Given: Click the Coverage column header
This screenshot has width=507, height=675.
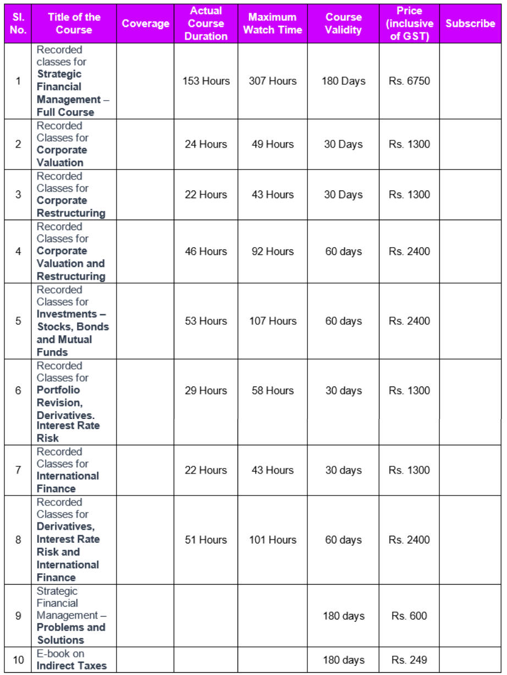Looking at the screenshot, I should coord(146,24).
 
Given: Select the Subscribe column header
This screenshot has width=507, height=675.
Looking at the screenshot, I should coord(470,24).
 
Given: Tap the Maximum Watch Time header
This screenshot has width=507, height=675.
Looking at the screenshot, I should coord(272,24).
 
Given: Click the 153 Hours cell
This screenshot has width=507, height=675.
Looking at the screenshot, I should coord(206,81).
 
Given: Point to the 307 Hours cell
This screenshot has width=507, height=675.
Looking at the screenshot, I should coord(272,81).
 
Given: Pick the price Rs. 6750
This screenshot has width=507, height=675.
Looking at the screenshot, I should coord(409,81).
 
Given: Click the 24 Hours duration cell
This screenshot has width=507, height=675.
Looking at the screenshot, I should coord(206,144).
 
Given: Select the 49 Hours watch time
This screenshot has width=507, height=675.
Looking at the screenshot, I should coord(272,144).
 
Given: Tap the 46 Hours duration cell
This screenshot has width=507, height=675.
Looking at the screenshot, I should coord(206,252).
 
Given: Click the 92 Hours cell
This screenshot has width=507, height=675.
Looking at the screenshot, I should coord(272,252).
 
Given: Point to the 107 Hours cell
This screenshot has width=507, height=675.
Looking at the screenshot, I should coord(272,321).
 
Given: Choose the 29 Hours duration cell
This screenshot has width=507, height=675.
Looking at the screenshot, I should coord(206,390).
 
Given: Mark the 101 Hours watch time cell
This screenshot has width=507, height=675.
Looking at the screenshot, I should coord(272,540).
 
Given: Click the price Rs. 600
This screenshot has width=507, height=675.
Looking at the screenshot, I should coord(409,616).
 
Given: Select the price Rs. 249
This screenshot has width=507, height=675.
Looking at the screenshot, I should coord(409,660).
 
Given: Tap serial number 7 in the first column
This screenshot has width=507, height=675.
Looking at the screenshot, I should coord(18,470).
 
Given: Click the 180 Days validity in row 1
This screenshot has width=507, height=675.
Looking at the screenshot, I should coord(344,81).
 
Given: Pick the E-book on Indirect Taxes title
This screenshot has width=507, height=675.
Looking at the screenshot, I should coord(71,660).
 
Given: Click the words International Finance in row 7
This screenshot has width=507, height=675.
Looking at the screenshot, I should coord(68,482).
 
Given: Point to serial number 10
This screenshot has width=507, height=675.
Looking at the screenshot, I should coord(18,660).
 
